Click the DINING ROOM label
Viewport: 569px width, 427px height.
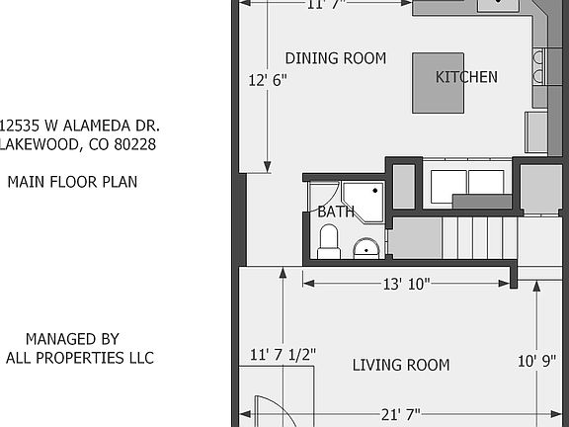coord(335,58)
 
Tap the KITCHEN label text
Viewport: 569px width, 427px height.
coord(466,77)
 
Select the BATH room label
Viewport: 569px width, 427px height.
coord(336,212)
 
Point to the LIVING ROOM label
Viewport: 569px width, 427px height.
coord(400,365)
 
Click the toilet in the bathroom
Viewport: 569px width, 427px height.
coord(329,240)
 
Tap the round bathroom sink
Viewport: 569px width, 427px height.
coord(366,246)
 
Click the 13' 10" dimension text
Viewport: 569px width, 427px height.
coord(406,284)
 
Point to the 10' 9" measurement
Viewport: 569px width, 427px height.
coord(536,361)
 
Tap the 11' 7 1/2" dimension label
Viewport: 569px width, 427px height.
coord(283,354)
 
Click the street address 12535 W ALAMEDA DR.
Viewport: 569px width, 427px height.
coord(79,127)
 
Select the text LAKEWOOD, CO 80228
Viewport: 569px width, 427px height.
coord(79,144)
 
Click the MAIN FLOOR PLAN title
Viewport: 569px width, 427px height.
coord(72,182)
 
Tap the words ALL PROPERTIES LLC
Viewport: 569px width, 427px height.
coord(79,358)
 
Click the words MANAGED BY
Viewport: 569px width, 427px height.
coord(72,339)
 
